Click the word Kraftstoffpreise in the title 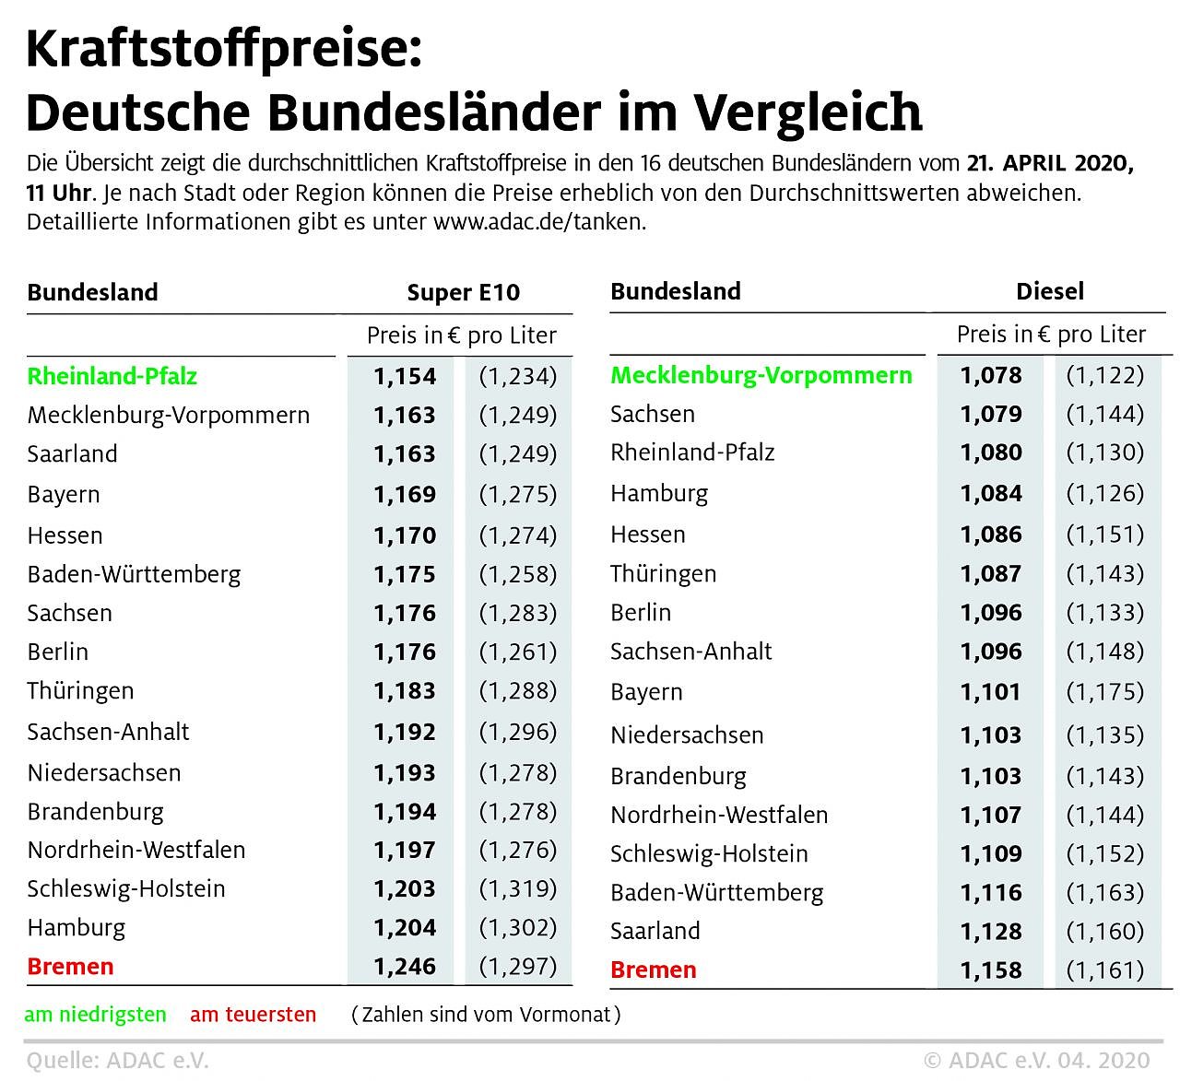pyautogui.click(x=223, y=50)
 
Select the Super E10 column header pyautogui.click(x=463, y=293)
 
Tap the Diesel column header pyautogui.click(x=1049, y=292)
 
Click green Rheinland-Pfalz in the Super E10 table pyautogui.click(x=112, y=376)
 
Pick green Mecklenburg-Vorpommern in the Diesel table pyautogui.click(x=761, y=375)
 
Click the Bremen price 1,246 pyautogui.click(x=404, y=967)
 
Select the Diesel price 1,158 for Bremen pyautogui.click(x=991, y=970)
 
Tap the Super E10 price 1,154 pyautogui.click(x=404, y=376)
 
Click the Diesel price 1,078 pyautogui.click(x=991, y=375)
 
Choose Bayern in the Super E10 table pyautogui.click(x=64, y=495)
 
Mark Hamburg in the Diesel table pyautogui.click(x=659, y=493)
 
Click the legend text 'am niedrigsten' pyautogui.click(x=96, y=1015)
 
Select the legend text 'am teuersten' pyautogui.click(x=253, y=1015)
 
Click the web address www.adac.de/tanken pyautogui.click(x=539, y=222)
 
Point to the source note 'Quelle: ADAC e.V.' pyautogui.click(x=118, y=1061)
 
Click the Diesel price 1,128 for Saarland pyautogui.click(x=991, y=932)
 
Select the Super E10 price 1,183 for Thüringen pyautogui.click(x=404, y=691)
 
